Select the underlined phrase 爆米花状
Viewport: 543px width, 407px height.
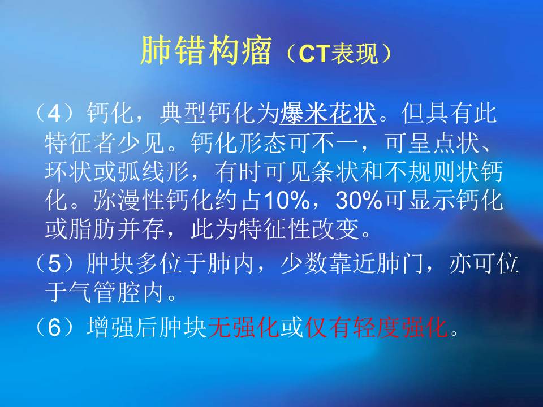pyautogui.click(x=329, y=114)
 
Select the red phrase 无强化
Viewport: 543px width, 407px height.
pyautogui.click(x=244, y=326)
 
